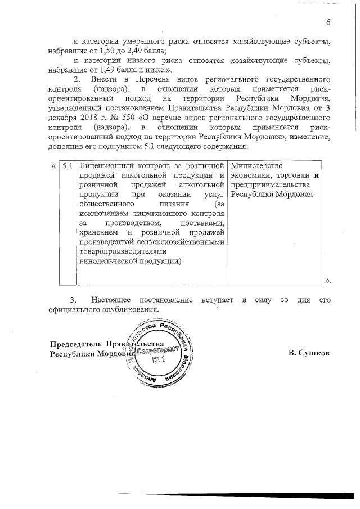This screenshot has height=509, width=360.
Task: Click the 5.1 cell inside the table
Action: pos(67,166)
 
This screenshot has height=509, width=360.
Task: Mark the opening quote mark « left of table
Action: pos(53,166)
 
